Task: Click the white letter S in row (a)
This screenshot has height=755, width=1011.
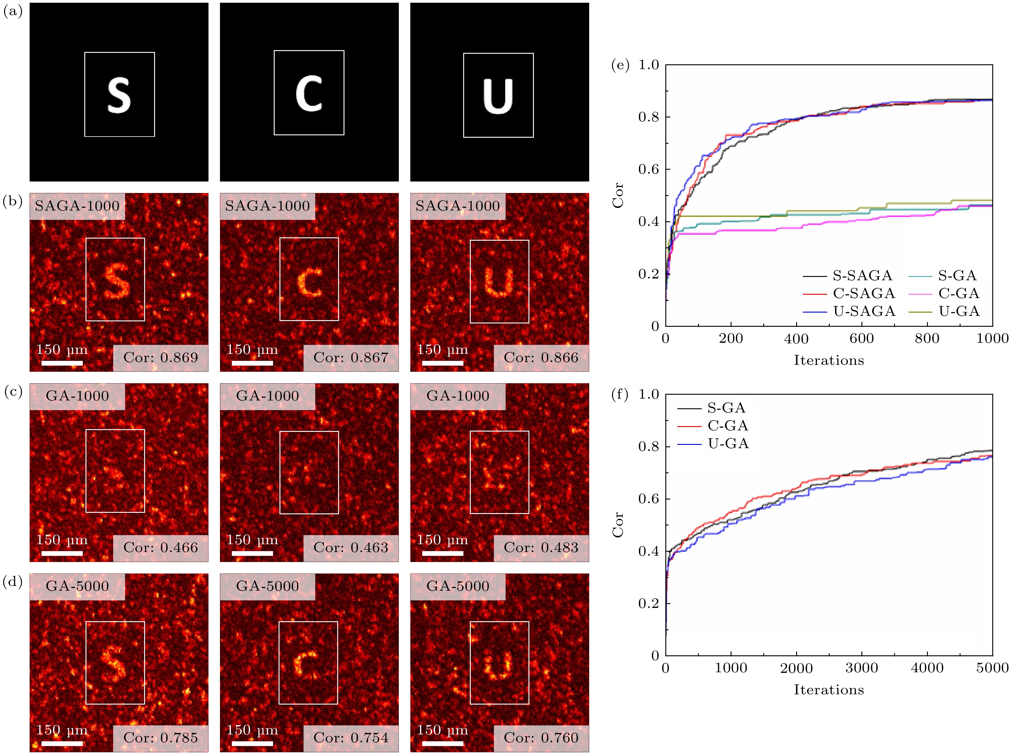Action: pos(119,95)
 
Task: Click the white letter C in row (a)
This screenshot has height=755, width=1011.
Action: pos(309,94)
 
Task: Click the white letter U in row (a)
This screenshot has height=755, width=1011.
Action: pos(498,96)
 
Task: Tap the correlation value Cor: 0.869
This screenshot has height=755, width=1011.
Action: pos(160,358)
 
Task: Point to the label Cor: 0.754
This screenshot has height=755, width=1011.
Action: pos(350,738)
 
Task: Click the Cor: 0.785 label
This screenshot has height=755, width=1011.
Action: pos(160,738)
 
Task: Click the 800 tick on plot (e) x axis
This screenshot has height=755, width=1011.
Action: pos(927,339)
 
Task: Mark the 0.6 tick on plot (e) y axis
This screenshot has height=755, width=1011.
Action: pos(648,169)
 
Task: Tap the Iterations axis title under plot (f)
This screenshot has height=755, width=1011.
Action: pos(829,690)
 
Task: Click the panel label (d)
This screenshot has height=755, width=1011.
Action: pos(13,581)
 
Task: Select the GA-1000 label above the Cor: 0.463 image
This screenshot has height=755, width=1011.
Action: pos(267,396)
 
